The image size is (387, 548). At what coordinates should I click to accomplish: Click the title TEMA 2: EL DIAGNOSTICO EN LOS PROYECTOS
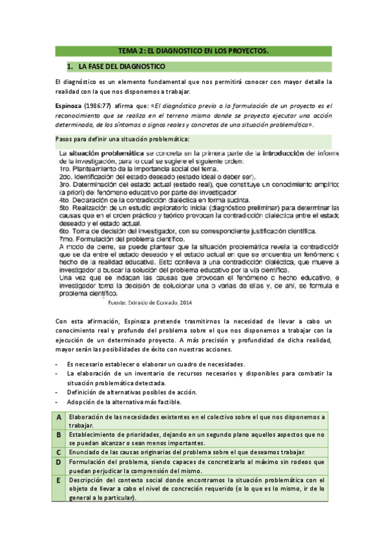tap(193, 50)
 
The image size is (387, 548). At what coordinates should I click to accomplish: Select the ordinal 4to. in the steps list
tap(67, 200)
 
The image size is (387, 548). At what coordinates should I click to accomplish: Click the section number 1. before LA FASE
tap(70, 67)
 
